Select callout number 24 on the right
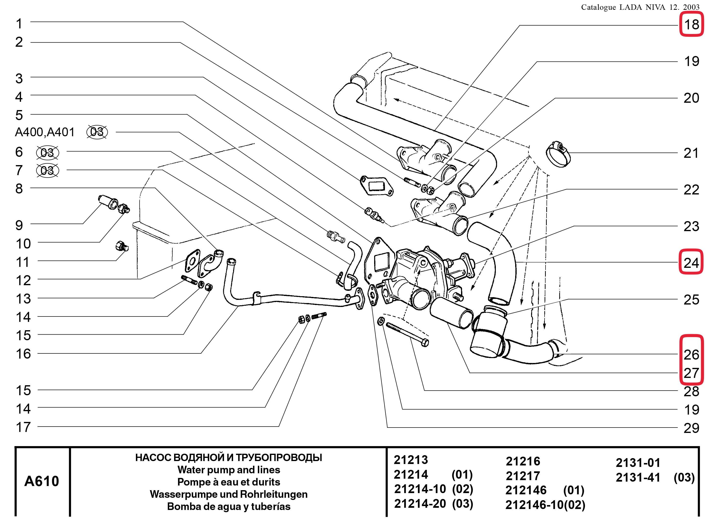pyautogui.click(x=691, y=263)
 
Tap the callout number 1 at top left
pyautogui.click(x=19, y=24)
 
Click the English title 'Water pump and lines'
pyautogui.click(x=228, y=470)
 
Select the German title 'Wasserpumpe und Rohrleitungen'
pyautogui.click(x=228, y=494)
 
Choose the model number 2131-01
pyautogui.click(x=638, y=463)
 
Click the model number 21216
pyautogui.click(x=523, y=461)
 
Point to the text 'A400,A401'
pyautogui.click(x=45, y=132)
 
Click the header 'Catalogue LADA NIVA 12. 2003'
pyautogui.click(x=640, y=7)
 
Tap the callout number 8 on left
pyautogui.click(x=19, y=189)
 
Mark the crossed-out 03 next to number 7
pyautogui.click(x=47, y=170)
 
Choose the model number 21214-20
pyautogui.click(x=420, y=504)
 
